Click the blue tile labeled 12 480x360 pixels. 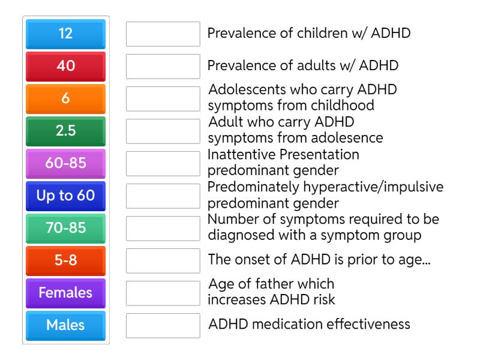pos(66,34)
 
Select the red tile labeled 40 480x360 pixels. pos(66,67)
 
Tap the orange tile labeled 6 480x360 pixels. pos(66,99)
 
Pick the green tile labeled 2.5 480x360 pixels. pos(66,131)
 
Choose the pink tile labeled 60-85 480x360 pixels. pos(66,164)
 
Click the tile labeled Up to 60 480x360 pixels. pos(66,196)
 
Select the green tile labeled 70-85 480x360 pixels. pos(66,229)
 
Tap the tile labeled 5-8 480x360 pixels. pos(66,261)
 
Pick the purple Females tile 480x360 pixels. pos(66,293)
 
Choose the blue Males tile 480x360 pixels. pos(66,326)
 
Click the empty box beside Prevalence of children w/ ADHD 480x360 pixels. pos(163,34)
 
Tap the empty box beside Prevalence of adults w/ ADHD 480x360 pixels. pos(163,67)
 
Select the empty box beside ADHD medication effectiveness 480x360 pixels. pos(163,326)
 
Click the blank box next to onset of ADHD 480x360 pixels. pos(163,261)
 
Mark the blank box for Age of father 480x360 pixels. pos(163,293)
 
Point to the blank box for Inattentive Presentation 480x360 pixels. pos(163,164)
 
